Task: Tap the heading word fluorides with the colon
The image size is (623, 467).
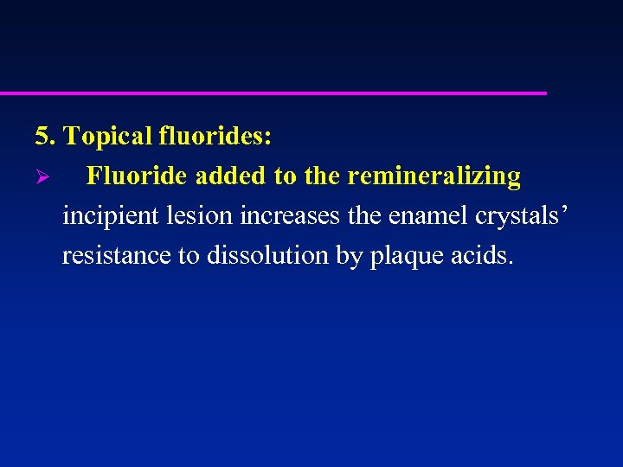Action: [x=215, y=136]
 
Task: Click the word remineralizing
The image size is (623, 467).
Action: [x=434, y=176]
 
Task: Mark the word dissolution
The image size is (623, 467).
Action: [x=265, y=256]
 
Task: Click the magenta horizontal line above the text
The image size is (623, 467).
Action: [x=273, y=93]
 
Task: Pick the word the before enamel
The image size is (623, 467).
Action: [x=363, y=216]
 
